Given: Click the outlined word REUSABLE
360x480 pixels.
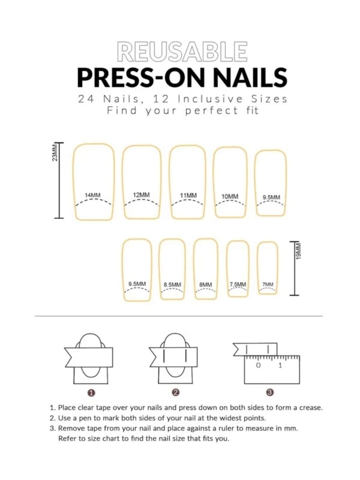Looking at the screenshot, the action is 182,51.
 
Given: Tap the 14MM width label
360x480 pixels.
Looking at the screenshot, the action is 93,195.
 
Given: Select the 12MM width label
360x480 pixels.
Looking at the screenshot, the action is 141,195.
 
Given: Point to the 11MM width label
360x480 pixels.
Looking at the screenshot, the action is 188,195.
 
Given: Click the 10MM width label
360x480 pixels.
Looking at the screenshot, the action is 230,197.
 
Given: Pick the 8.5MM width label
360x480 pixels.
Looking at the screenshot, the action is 172,285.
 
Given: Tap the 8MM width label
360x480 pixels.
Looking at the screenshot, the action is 206,285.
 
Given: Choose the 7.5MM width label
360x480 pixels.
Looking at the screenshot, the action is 238,284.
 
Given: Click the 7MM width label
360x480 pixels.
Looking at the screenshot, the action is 268,284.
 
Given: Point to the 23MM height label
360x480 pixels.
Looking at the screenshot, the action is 55,153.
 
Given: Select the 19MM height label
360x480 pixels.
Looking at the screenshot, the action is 298,251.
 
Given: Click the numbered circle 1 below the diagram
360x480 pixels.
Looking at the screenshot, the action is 91,393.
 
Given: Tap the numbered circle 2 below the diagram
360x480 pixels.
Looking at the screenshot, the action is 175,392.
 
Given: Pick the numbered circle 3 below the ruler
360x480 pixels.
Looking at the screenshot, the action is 270,392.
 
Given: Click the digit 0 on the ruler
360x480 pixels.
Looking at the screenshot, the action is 258,365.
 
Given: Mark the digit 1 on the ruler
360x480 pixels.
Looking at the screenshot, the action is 280,365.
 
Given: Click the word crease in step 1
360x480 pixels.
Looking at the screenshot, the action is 311,408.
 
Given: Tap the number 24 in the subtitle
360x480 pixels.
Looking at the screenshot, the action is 86,99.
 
